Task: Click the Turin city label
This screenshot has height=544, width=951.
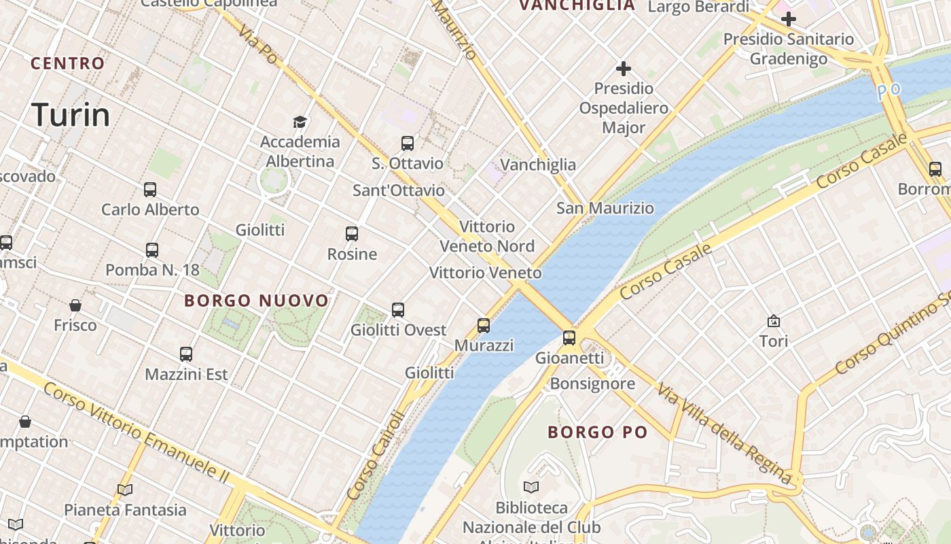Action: (71, 115)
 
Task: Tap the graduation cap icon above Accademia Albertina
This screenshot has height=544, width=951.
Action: (300, 122)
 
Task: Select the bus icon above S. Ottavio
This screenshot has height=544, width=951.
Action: (408, 143)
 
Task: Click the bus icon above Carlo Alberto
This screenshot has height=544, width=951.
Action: (150, 190)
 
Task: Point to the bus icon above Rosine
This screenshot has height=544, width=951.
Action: (352, 234)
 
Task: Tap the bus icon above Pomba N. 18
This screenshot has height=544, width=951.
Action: (152, 250)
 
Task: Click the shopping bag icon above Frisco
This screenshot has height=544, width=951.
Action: (75, 305)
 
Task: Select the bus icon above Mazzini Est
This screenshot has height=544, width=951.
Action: (186, 354)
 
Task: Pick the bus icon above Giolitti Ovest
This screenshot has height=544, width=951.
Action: (398, 310)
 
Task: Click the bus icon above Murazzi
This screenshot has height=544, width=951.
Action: (484, 326)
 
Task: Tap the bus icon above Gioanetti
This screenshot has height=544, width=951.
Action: (569, 337)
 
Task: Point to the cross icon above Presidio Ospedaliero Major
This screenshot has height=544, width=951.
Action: (624, 69)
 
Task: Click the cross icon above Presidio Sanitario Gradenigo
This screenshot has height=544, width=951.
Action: (788, 19)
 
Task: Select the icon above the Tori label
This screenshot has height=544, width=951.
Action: (773, 321)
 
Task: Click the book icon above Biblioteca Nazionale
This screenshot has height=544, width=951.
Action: (531, 487)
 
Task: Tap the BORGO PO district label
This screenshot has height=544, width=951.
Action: (598, 432)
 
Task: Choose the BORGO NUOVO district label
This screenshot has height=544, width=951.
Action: (256, 301)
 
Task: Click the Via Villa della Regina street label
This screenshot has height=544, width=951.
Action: (725, 434)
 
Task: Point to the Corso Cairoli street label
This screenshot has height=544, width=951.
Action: (376, 456)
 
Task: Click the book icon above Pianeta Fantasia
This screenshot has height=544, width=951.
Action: (125, 490)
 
